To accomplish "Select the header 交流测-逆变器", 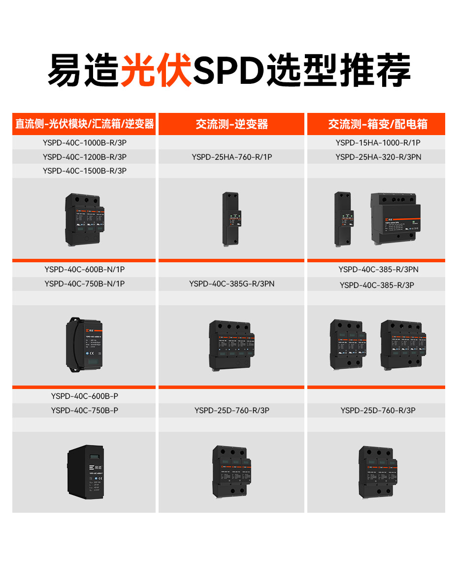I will [x=232, y=124].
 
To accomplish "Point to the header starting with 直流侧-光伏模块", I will [x=85, y=124].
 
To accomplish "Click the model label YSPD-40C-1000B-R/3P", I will [x=85, y=143].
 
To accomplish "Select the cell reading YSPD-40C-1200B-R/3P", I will [x=85, y=157].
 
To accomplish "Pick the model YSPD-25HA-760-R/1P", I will [x=232, y=157].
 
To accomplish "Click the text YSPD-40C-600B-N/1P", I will [x=85, y=270].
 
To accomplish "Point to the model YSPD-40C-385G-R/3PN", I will [x=232, y=283].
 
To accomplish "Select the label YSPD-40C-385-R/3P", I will [x=377, y=285].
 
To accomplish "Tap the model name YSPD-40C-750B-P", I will [x=85, y=410].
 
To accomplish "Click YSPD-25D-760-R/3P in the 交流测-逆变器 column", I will [x=232, y=410].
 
